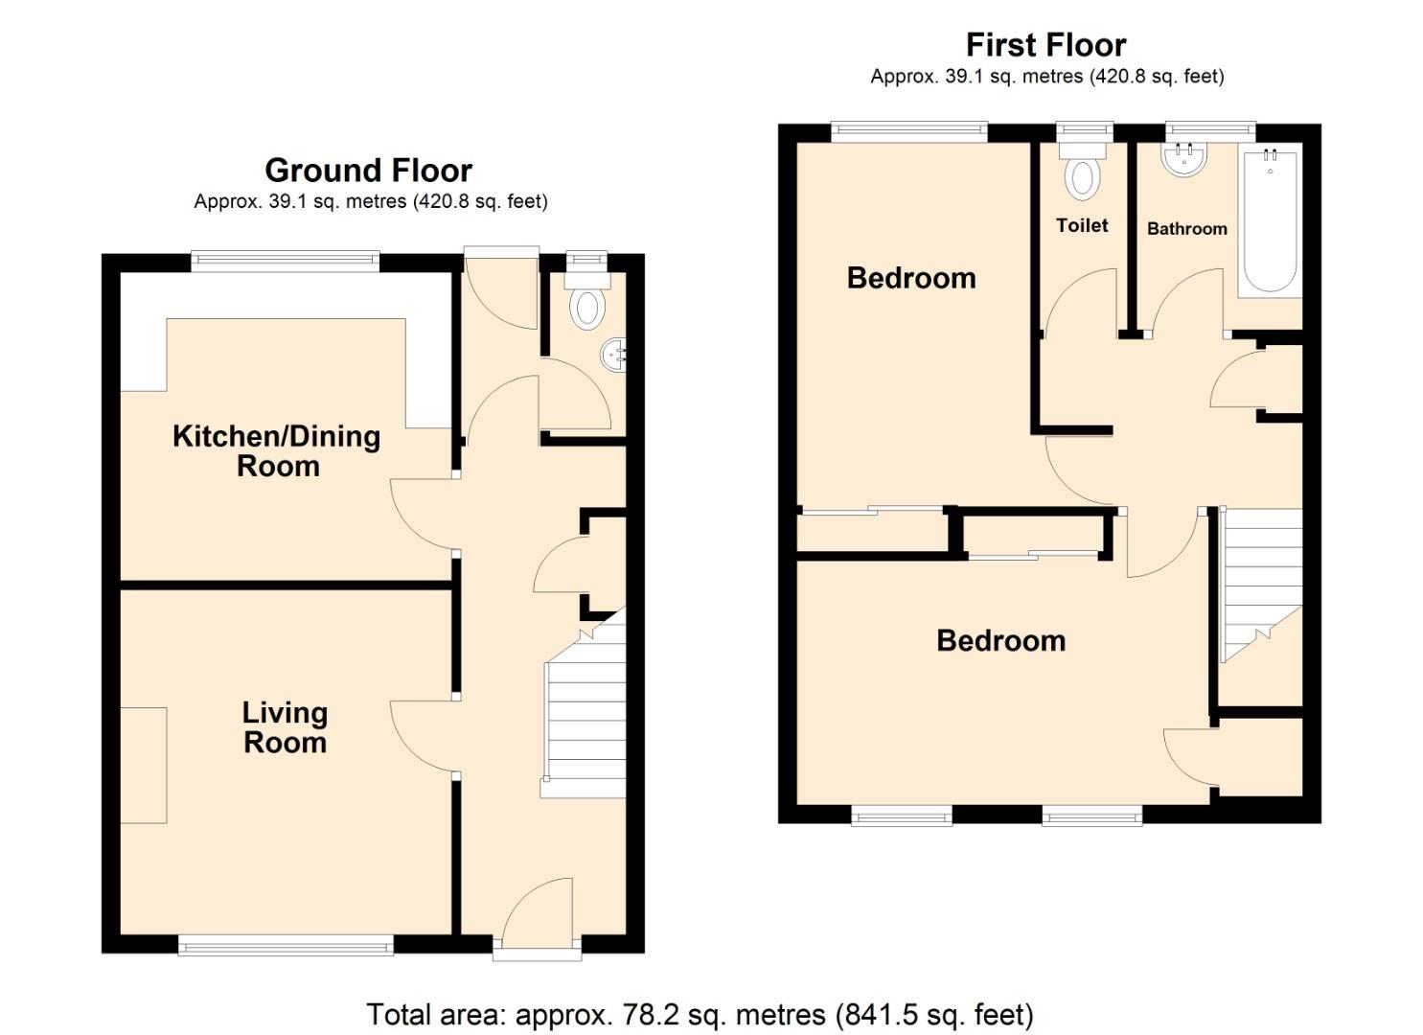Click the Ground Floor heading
click(x=368, y=171)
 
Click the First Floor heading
click(x=1045, y=45)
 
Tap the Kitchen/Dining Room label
click(x=277, y=450)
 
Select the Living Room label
click(x=285, y=727)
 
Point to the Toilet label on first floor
click(x=1082, y=225)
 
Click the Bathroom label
click(x=1186, y=228)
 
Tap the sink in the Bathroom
click(x=1185, y=159)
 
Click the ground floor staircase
click(x=585, y=719)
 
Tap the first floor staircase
click(x=1261, y=585)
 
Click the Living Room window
click(x=286, y=946)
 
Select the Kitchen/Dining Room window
click(x=286, y=261)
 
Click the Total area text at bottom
click(x=700, y=1014)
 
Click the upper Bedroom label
click(x=911, y=278)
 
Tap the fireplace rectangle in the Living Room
click(x=144, y=765)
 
